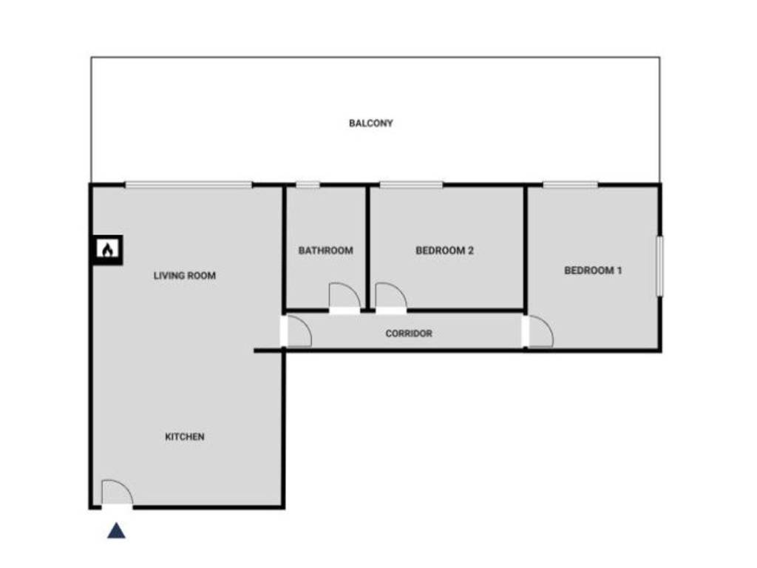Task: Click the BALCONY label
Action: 370,124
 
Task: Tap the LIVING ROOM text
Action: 185,276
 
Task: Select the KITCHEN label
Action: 184,437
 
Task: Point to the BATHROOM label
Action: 325,251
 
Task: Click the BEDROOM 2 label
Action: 444,251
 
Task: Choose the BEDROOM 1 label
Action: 593,271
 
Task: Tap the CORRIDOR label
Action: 409,334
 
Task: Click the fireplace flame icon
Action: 107,251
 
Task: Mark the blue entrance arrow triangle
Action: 116,530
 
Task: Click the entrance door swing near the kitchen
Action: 116,493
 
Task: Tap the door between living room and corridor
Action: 297,331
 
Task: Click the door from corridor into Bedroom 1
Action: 539,331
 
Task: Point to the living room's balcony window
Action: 189,184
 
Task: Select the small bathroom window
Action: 308,184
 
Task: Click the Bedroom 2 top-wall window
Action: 411,184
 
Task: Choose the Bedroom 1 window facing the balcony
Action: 570,184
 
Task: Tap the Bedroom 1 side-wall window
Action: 659,266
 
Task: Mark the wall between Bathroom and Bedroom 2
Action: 367,248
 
